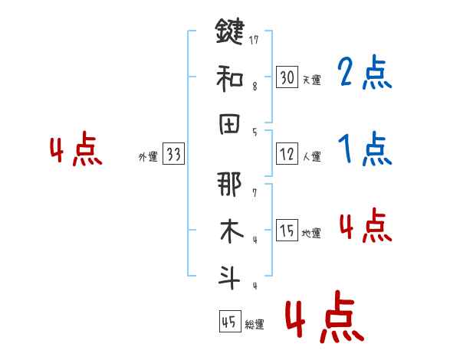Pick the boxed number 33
click(x=173, y=155)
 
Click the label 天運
click(x=311, y=80)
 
